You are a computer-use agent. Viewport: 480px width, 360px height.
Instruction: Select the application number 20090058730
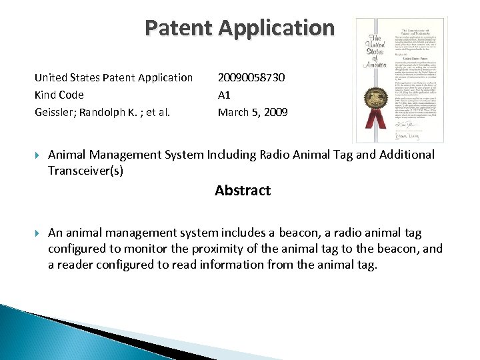(x=251, y=78)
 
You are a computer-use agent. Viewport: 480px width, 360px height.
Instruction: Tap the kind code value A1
(x=225, y=95)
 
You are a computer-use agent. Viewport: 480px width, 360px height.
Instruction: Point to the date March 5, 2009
(x=253, y=113)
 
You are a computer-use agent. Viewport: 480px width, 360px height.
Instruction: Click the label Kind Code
(x=59, y=95)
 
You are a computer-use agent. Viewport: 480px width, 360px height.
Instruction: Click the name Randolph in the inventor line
(x=109, y=113)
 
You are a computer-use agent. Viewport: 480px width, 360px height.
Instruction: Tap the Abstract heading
(x=243, y=191)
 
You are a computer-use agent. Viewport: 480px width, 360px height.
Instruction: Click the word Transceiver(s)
(x=85, y=171)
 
